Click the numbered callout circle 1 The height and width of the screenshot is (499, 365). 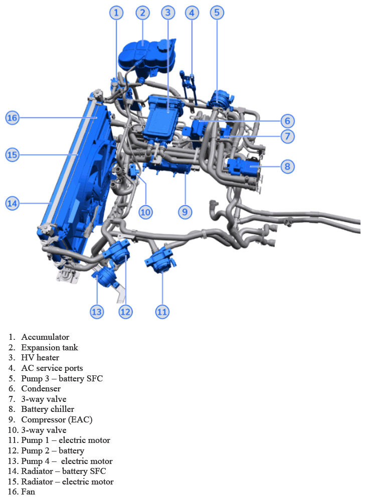[116, 13]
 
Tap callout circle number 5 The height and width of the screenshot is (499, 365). [217, 13]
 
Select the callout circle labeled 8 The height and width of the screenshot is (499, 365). [287, 166]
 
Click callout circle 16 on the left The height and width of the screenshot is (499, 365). [12, 118]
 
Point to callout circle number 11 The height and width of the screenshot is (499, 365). [161, 312]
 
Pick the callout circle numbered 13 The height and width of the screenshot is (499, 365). [96, 312]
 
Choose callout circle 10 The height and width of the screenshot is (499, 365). [145, 212]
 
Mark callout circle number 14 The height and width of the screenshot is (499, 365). [12, 203]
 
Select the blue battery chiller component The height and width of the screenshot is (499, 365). [244, 168]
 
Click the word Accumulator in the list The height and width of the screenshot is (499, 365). [45, 337]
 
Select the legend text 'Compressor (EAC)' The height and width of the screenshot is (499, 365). [57, 420]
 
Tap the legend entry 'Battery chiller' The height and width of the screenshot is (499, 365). [48, 409]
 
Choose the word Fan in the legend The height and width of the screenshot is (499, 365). [28, 492]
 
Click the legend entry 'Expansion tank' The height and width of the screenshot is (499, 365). [50, 347]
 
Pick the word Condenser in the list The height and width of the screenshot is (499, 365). [41, 389]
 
